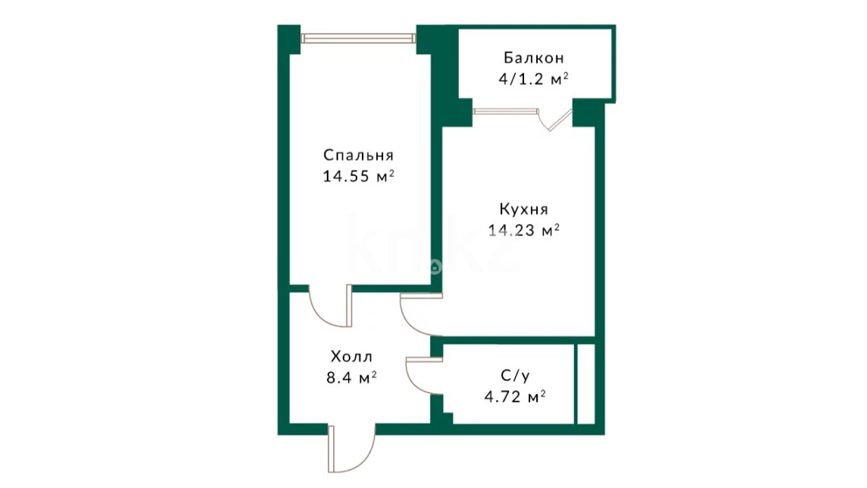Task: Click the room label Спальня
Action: coord(358,155)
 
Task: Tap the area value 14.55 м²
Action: coord(358,176)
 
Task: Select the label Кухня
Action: coord(523,209)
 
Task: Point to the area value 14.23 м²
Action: coord(523,230)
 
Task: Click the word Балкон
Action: coord(533,58)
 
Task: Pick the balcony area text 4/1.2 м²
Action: coord(533,79)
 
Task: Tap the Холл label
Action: coord(352,356)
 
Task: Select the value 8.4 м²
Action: coord(352,377)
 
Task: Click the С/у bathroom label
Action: coord(515,376)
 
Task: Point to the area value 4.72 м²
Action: coord(515,397)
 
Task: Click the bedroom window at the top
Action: coord(358,38)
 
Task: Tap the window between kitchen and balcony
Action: coord(505,112)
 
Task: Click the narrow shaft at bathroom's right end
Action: coord(586,383)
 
